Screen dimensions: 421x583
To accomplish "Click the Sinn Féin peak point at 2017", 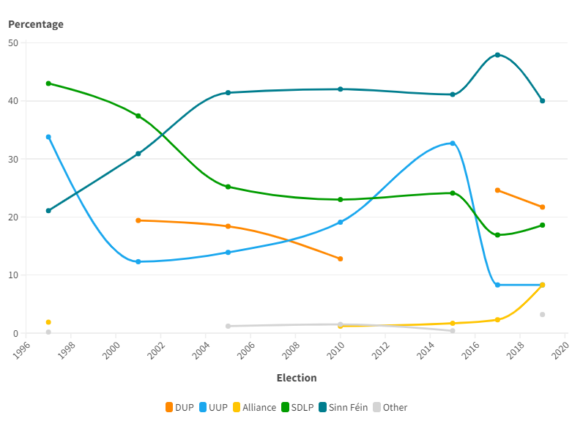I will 497,55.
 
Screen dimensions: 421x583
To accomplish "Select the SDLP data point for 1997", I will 48,83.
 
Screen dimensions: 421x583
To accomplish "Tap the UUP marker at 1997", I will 48,137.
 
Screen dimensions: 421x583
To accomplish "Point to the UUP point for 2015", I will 453,144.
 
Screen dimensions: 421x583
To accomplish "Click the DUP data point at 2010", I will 341,258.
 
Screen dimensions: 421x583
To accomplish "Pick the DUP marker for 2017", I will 497,190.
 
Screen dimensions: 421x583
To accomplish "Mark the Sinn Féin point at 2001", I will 138,154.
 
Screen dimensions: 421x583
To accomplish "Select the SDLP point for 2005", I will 229,187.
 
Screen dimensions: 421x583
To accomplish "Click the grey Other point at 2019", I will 543,315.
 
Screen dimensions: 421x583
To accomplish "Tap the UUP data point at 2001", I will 138,261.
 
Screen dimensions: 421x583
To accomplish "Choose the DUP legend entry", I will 179,407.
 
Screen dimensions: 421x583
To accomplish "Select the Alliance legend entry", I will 254,407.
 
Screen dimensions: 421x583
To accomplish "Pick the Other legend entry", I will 390,407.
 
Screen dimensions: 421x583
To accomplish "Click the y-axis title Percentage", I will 36,24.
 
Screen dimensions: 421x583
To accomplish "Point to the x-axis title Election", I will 297,378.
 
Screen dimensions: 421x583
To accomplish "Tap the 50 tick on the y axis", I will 13,42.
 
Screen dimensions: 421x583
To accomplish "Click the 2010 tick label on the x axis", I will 336,350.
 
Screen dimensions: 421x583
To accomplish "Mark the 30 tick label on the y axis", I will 13,159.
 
